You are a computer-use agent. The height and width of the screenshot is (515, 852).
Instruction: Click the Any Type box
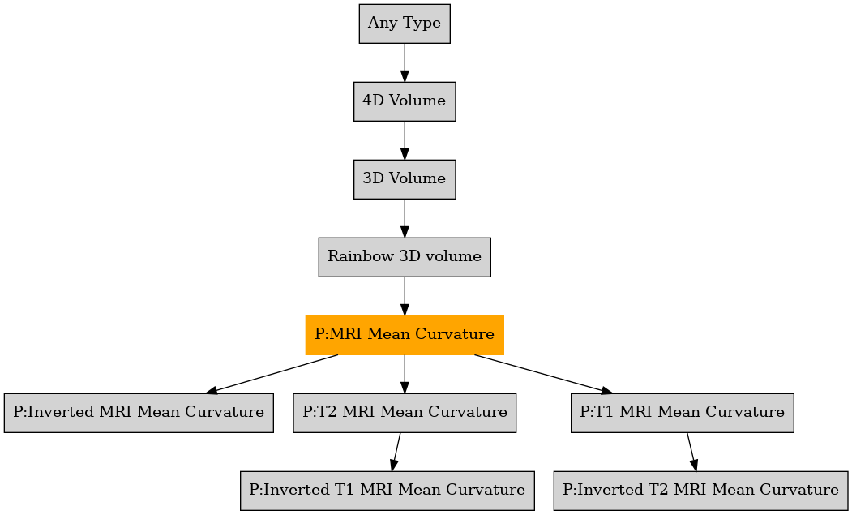[405, 24]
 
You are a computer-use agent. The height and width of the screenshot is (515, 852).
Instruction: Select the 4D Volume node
[405, 101]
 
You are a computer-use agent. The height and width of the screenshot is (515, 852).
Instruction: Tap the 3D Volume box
[405, 179]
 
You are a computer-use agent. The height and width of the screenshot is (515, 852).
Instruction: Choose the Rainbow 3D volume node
[405, 256]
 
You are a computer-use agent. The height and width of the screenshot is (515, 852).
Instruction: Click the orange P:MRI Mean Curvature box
[405, 334]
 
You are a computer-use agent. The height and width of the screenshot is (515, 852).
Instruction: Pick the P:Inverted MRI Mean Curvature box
[139, 412]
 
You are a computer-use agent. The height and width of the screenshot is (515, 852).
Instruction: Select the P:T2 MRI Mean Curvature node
[405, 412]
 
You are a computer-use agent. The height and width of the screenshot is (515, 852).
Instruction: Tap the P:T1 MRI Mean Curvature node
[682, 412]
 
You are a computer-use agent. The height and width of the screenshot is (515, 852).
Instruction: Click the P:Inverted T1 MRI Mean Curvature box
[387, 490]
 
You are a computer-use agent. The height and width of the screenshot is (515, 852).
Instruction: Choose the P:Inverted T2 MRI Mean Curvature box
[701, 490]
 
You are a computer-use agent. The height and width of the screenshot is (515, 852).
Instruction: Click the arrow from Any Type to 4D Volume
[405, 62]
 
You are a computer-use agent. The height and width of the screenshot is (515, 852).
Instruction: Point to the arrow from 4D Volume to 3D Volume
[405, 140]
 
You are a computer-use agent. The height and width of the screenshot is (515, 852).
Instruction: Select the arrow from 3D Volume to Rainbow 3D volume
[405, 218]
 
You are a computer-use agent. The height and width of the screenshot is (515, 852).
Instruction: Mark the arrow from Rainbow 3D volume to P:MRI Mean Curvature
[405, 296]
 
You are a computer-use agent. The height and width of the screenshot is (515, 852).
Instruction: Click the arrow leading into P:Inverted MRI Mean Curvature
[272, 374]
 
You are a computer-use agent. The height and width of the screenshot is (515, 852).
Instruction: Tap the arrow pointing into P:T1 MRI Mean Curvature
[543, 374]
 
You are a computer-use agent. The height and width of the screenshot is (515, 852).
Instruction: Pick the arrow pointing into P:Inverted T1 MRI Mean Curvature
[396, 452]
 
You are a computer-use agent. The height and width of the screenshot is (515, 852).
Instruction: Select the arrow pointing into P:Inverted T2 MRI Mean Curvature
[691, 452]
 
